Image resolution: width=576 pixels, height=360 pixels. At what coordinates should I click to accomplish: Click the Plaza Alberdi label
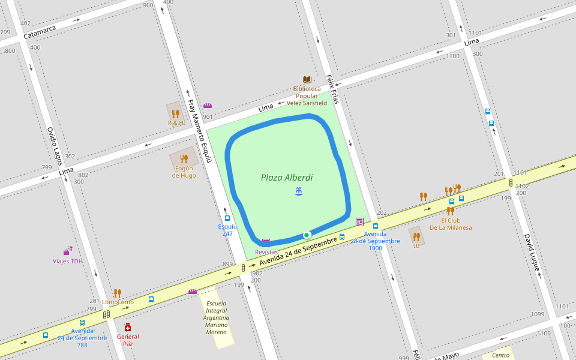click(286, 178)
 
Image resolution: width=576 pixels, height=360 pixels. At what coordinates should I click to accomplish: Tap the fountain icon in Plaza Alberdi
click(299, 191)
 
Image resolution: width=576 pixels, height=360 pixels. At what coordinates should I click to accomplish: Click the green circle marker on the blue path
click(307, 235)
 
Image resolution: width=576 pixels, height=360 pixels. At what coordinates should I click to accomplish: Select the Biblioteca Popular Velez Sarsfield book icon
click(307, 80)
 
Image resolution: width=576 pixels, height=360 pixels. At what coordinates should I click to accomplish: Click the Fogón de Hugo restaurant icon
click(184, 159)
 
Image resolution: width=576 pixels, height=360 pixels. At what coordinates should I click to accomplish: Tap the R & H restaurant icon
click(175, 113)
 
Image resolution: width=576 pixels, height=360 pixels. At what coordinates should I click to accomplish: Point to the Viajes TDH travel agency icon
click(67, 251)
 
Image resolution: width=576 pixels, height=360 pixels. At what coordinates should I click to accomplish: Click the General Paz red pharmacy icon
click(128, 327)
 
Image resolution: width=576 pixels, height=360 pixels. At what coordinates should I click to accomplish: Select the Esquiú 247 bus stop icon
click(227, 218)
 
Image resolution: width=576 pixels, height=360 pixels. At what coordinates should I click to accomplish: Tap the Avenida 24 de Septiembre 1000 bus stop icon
click(376, 226)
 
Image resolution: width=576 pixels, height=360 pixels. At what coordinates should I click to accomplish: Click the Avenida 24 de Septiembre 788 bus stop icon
click(82, 323)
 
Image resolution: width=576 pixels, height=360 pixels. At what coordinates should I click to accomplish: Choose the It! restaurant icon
click(416, 236)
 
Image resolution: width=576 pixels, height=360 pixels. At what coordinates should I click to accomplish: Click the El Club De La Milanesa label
click(450, 224)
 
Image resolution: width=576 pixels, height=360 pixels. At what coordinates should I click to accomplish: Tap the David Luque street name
click(532, 253)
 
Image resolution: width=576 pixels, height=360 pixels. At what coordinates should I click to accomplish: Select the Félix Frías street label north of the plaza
click(333, 89)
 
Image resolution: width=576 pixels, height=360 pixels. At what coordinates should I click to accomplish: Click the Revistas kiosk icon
click(266, 242)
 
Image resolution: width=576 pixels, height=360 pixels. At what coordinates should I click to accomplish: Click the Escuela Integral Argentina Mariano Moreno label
click(216, 317)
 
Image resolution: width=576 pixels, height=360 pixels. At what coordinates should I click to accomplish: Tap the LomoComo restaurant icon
click(117, 293)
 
